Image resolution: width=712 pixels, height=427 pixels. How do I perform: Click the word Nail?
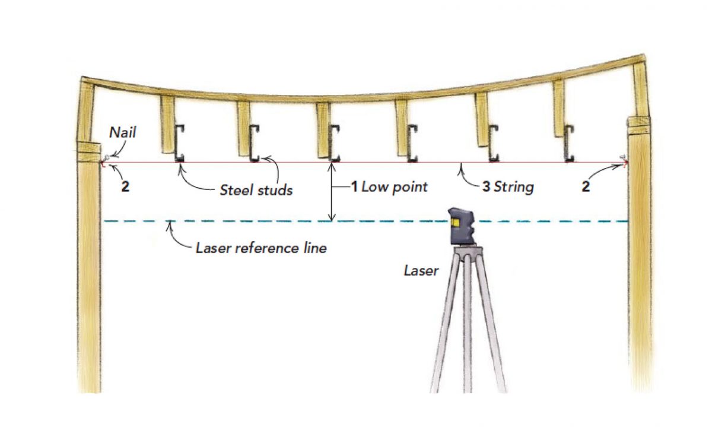point(123,133)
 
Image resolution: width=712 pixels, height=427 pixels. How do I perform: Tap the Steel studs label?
point(256,191)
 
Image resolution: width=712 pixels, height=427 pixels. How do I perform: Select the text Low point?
point(395,187)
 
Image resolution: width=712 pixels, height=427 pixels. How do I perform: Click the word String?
point(514,187)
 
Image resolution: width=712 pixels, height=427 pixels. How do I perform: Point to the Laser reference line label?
point(261,248)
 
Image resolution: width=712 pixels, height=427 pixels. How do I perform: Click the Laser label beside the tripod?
point(421,271)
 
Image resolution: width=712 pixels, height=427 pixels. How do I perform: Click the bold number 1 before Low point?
point(354,187)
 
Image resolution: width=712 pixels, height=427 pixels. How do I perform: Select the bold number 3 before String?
point(486,187)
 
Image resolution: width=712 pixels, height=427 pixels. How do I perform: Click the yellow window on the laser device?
point(455,223)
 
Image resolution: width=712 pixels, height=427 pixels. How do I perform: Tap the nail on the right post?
point(624,157)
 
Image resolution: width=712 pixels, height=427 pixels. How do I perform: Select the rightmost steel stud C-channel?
point(569,143)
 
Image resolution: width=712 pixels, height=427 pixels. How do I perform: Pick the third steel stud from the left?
point(334,143)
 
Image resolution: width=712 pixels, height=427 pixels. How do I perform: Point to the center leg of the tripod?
point(469,321)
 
